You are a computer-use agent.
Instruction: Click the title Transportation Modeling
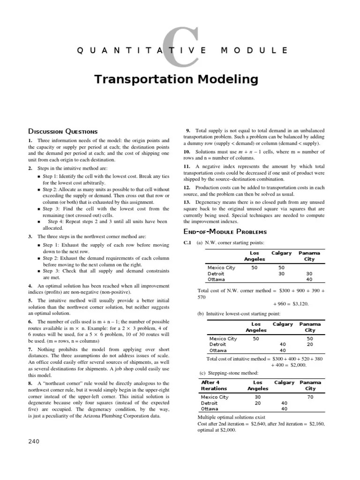tap(176, 79)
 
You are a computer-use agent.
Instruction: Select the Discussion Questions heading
tap(63, 131)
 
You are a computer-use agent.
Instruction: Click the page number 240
tap(34, 441)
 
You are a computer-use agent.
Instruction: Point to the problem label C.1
tap(187, 242)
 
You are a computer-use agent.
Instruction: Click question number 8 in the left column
tap(30, 370)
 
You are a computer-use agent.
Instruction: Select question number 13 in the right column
tap(187, 202)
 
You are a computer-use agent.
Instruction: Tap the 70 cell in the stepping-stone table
tap(310, 397)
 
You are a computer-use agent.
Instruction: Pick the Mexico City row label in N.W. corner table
tap(221, 268)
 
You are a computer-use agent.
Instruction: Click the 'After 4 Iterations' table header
tap(214, 385)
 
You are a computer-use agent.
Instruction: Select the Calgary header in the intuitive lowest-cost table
tap(283, 324)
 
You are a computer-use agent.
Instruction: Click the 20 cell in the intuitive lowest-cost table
tap(310, 344)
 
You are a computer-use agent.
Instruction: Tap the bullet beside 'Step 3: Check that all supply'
tap(38, 271)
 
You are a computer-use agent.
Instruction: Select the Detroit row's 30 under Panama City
tap(309, 274)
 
